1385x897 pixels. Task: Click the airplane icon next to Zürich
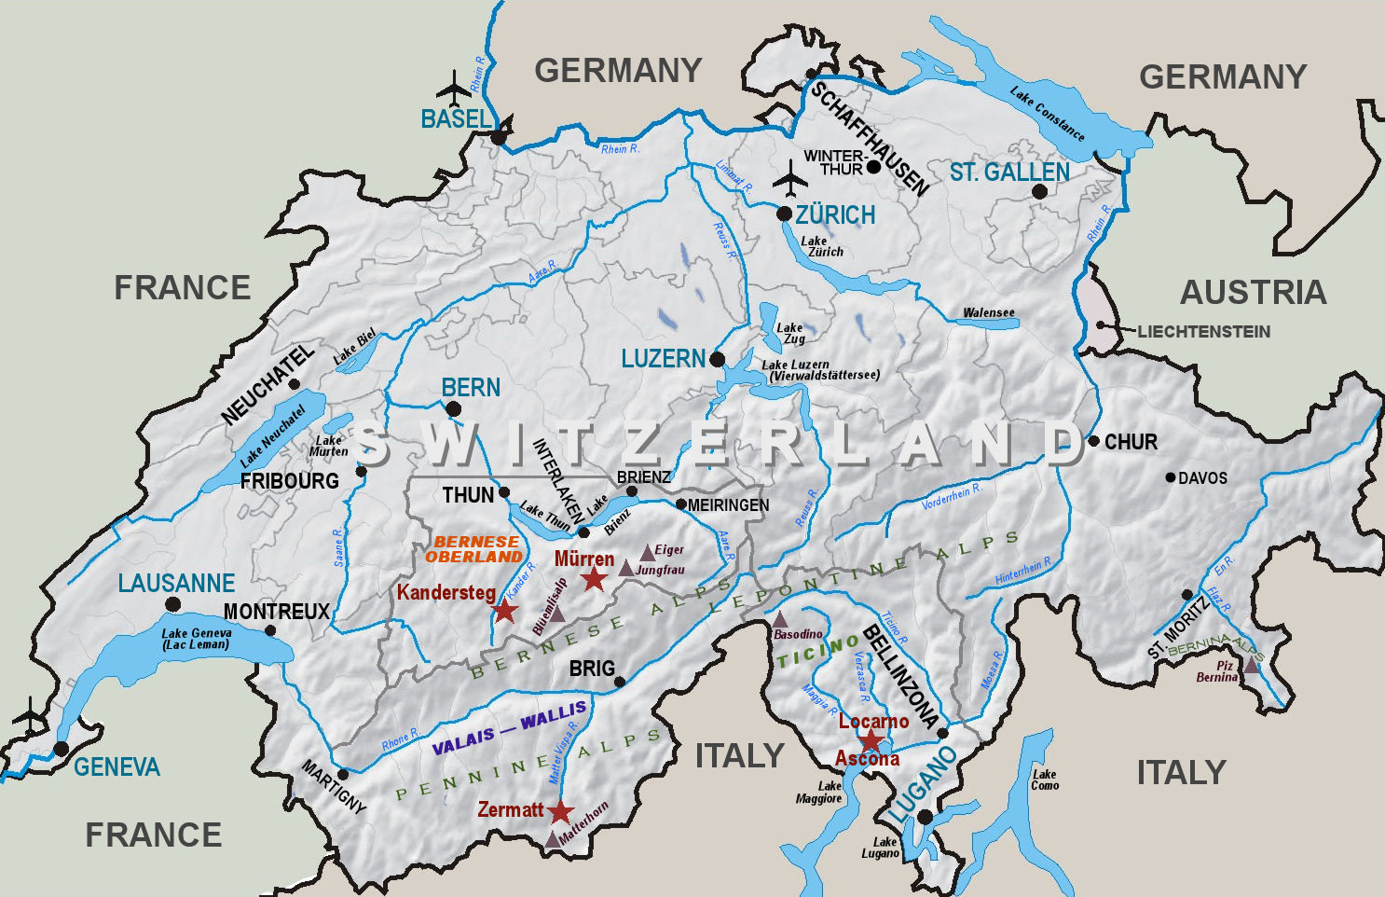(791, 178)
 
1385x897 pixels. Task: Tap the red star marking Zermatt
(559, 812)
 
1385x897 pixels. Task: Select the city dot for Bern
(453, 408)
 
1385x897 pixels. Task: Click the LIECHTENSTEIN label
(1202, 331)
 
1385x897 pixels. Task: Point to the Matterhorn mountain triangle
(552, 839)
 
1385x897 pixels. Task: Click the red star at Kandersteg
(504, 612)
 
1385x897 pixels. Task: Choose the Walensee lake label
(988, 312)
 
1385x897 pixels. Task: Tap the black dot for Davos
(1171, 477)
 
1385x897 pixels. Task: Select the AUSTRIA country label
(1252, 293)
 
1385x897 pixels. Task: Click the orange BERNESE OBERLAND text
(474, 549)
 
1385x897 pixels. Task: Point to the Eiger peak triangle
(647, 553)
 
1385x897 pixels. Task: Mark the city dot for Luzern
(717, 359)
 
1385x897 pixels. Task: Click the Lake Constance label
(1048, 114)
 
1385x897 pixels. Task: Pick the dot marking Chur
(1094, 441)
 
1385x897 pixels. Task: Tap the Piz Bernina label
(1216, 671)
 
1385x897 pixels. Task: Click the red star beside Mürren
(594, 579)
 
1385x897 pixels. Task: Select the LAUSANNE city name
(176, 584)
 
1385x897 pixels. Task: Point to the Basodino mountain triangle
(779, 620)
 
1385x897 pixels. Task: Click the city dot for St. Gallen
(1039, 191)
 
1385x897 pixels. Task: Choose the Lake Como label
(1045, 780)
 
